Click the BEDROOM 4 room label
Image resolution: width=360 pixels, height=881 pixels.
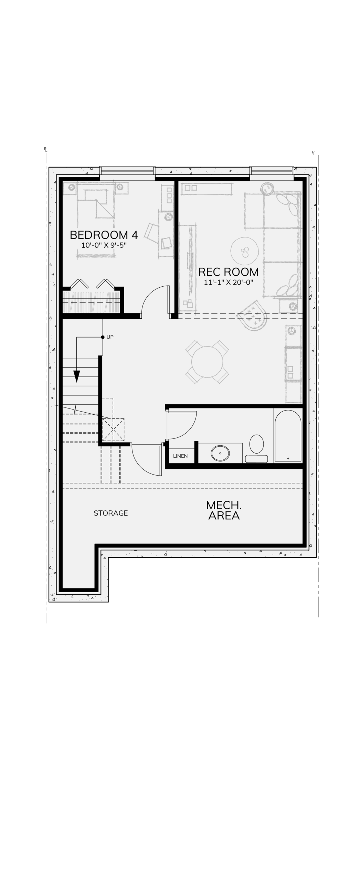(x=104, y=235)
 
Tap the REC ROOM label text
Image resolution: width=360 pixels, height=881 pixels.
(x=228, y=272)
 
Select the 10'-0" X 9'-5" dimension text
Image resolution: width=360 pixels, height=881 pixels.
(x=104, y=245)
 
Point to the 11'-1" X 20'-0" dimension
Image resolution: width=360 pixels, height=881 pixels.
(x=229, y=283)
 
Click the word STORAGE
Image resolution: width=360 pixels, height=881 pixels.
(x=111, y=513)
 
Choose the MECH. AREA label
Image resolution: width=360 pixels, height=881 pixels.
(x=224, y=510)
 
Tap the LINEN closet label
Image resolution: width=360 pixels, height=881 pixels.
(x=180, y=456)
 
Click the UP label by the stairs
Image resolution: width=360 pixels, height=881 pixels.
(x=110, y=337)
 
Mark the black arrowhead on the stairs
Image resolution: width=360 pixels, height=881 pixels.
(x=77, y=376)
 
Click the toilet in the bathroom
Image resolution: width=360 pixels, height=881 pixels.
(x=256, y=448)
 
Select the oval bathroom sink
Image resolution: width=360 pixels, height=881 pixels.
(x=220, y=453)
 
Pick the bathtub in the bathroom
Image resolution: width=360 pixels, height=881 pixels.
(x=288, y=435)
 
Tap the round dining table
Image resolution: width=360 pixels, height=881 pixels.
(x=207, y=362)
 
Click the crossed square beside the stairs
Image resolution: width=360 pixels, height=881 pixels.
(x=113, y=429)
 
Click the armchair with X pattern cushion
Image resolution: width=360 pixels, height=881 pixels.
(x=253, y=316)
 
